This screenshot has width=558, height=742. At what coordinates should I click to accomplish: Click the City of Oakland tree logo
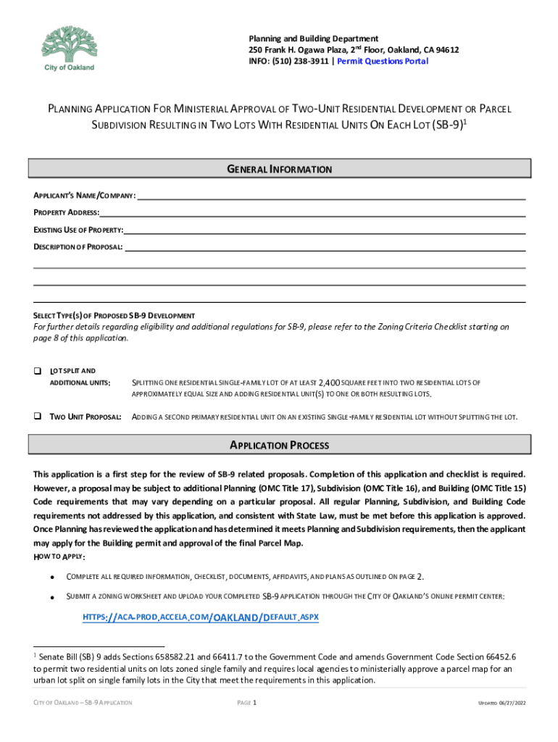tap(69, 45)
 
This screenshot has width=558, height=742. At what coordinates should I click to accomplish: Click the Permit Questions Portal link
tap(387, 62)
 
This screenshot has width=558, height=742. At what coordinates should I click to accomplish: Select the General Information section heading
tap(279, 170)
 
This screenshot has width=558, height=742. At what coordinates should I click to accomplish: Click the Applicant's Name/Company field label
tap(84, 197)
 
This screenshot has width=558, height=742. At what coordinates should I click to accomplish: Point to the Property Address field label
tap(66, 214)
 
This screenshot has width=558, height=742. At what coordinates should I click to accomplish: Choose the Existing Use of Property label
tap(78, 230)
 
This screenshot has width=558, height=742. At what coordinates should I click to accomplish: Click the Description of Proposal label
tap(78, 248)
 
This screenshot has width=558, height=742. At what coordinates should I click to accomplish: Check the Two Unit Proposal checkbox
tap(37, 417)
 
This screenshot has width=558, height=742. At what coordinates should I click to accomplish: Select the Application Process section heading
tap(279, 446)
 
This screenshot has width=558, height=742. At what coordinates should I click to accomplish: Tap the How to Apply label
tap(59, 556)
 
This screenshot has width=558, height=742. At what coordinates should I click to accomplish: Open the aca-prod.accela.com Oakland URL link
tap(201, 617)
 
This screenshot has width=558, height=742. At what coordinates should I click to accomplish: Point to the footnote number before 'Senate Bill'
tap(36, 654)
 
